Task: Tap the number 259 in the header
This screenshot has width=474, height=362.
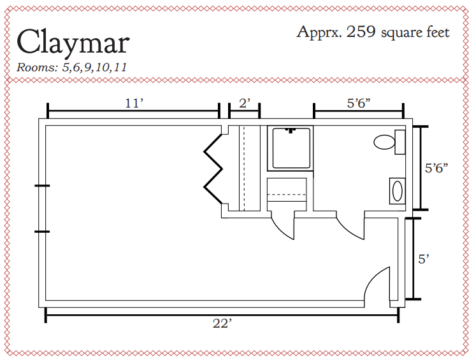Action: [361, 32]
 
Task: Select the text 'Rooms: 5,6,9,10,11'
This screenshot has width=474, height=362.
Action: [71, 67]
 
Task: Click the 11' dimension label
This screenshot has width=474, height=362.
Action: [134, 103]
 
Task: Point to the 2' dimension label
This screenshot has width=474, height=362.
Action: [245, 103]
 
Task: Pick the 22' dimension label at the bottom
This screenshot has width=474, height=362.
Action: [222, 324]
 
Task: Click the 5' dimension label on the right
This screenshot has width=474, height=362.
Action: [424, 259]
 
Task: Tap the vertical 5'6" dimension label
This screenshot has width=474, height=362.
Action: [436, 168]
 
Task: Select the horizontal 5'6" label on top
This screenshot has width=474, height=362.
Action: [359, 103]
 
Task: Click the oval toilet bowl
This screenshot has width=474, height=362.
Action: [384, 142]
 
